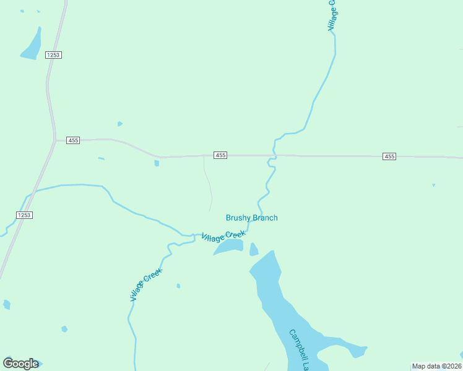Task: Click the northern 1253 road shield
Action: pos(53,55)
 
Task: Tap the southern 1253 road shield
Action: pos(24,215)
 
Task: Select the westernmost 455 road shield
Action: pos(73,140)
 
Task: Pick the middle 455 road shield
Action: pos(220,155)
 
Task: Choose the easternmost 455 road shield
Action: pos(389,156)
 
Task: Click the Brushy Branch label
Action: pos(251,218)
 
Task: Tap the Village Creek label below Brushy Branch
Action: pos(223,236)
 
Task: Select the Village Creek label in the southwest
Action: pos(146,284)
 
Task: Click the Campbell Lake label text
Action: pos(299,350)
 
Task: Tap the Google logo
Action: pos(20,364)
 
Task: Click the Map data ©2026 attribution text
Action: pos(436,366)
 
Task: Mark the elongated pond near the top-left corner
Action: pos(31,45)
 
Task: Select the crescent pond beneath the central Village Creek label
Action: pos(229,247)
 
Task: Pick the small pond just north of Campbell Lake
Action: pos(253,249)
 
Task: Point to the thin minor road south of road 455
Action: pos(208,183)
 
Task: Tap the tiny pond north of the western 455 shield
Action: pos(119,124)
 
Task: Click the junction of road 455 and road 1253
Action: pos(54,140)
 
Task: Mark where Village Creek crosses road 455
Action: pos(274,155)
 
